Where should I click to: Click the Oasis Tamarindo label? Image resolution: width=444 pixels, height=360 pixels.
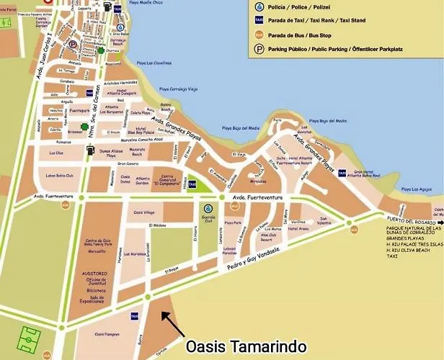point(246,346)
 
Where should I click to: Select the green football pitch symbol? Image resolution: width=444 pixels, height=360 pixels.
point(30,337)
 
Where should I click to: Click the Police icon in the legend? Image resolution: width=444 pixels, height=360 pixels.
point(259,8)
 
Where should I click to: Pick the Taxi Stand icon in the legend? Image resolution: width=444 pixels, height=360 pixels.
point(259,21)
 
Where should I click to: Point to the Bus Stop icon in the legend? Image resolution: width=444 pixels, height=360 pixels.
point(259,35)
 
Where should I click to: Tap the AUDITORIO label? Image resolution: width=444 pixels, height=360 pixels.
point(93,274)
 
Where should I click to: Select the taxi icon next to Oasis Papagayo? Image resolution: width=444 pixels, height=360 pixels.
point(134,316)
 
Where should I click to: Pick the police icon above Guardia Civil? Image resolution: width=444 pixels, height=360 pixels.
point(208,208)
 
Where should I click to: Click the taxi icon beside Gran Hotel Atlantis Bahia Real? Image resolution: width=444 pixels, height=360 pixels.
point(342,172)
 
